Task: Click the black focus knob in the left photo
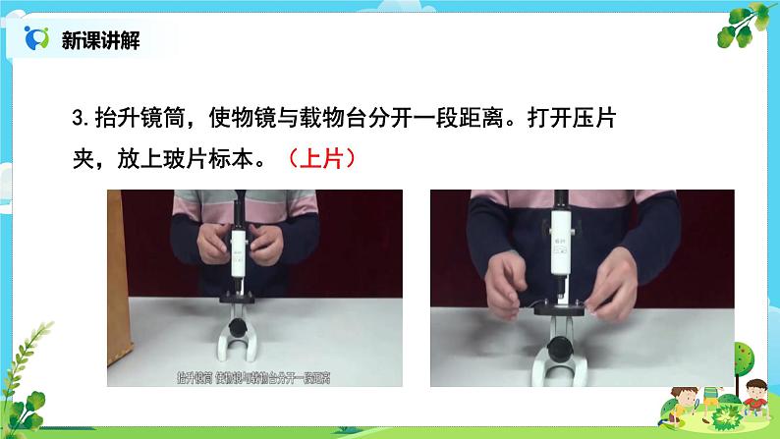tap(237, 330)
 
